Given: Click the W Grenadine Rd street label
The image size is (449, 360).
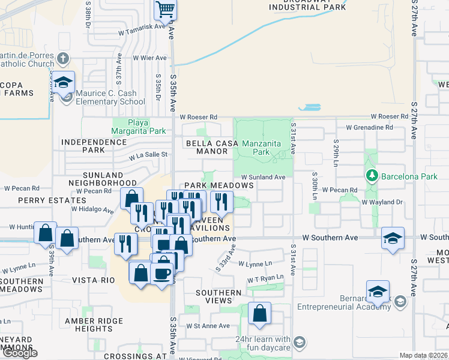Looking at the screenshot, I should click(369, 128).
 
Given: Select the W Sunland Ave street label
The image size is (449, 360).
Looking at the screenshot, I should click(263, 177).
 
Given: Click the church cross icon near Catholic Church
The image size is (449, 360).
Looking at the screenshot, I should click(64, 59).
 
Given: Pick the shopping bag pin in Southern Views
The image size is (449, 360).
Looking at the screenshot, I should click(259, 313).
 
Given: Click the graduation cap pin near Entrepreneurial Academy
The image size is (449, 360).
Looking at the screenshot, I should click(378, 292).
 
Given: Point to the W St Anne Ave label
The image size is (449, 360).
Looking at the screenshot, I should click(208, 326).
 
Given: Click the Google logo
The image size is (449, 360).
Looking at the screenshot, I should click(20, 353).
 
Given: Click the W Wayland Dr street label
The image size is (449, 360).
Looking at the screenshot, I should click(382, 203).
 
